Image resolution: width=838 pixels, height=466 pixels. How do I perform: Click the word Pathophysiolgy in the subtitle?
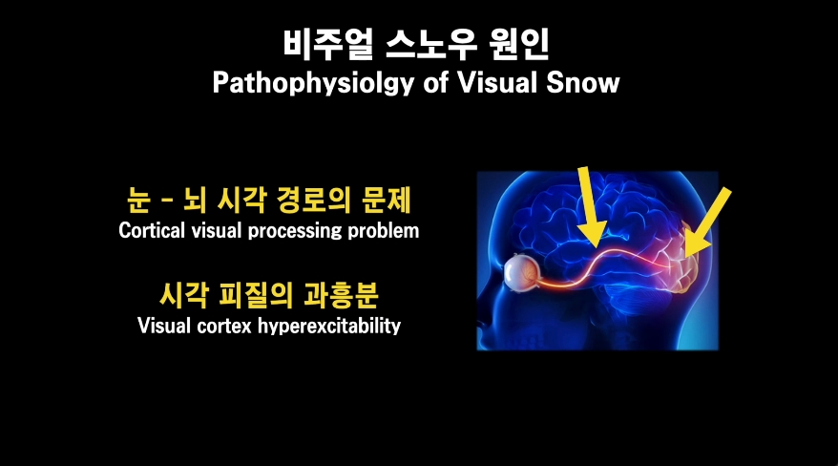point(314,83)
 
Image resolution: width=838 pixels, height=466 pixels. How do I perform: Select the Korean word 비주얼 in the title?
point(327,44)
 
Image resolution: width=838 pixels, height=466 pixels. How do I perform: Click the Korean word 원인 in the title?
point(518,44)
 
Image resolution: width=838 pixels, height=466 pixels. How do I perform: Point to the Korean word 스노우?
point(430,44)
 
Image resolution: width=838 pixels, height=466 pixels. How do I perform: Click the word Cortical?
point(152,231)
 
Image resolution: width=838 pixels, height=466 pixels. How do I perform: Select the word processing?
point(295,231)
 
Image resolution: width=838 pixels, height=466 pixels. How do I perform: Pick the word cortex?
point(224,327)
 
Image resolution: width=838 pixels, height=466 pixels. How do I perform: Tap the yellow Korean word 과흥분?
point(341,295)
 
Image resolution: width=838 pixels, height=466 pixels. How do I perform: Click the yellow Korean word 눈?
point(138,201)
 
